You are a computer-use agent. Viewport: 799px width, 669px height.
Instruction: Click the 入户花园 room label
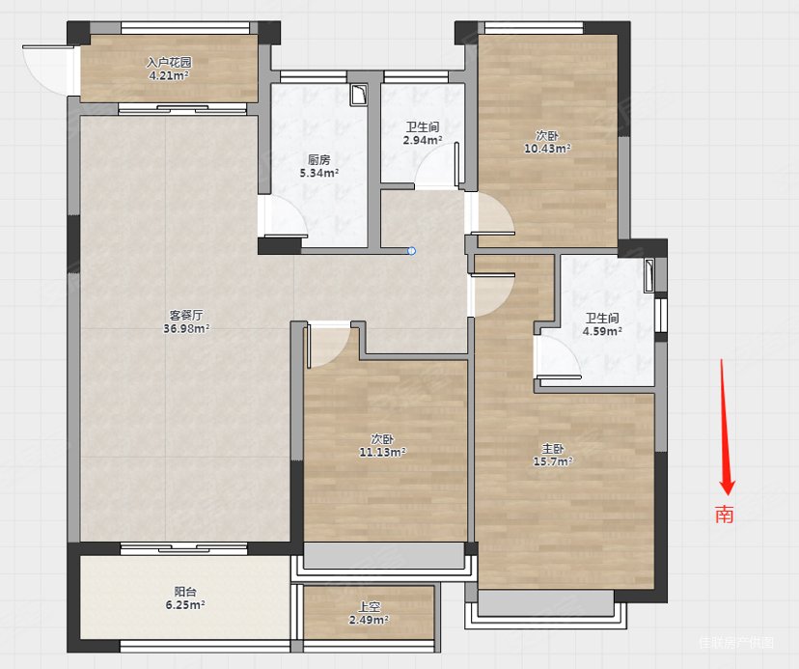(169, 63)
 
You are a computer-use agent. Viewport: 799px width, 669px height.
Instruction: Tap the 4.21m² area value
(169, 76)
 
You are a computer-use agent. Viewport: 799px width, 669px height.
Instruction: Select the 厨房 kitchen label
(319, 159)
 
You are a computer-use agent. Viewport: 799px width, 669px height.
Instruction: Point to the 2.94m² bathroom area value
(423, 140)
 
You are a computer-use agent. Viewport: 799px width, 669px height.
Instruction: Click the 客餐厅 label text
(186, 315)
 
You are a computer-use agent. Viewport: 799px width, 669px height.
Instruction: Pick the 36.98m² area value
(186, 328)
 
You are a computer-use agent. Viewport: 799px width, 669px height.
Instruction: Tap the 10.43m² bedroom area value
(547, 149)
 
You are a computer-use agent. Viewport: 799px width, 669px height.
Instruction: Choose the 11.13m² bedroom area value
(383, 452)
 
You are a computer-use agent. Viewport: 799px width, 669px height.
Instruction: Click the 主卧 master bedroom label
(552, 449)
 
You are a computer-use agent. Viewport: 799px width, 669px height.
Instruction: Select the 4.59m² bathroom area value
(602, 331)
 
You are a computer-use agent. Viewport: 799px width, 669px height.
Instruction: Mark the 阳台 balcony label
(185, 592)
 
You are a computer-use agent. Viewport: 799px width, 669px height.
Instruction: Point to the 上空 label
(369, 607)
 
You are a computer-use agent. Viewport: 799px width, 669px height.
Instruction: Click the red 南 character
(724, 514)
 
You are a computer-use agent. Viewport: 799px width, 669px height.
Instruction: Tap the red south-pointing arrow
(726, 427)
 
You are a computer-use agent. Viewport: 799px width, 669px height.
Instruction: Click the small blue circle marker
(412, 251)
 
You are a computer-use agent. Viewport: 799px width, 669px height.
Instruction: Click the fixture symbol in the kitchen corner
(359, 95)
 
